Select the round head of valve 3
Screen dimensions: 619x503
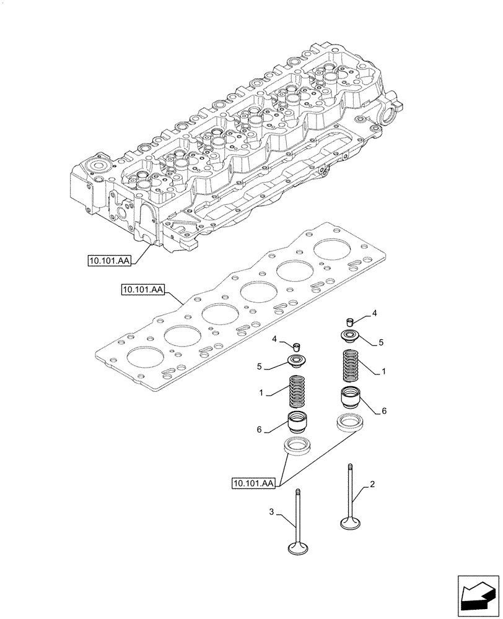pyautogui.click(x=300, y=548)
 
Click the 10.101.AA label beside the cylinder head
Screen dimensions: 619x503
pyautogui.click(x=110, y=260)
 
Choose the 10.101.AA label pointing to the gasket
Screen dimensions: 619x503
pyautogui.click(x=142, y=290)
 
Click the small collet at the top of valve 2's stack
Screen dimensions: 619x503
pyautogui.click(x=350, y=321)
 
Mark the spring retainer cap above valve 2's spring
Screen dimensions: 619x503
pyautogui.click(x=350, y=337)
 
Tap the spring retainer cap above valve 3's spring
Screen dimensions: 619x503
pyautogui.click(x=299, y=361)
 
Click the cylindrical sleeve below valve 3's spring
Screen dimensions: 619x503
pyautogui.click(x=299, y=423)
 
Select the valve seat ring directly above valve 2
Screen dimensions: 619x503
pyautogui.click(x=350, y=423)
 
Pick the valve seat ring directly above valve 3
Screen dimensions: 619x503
pyautogui.click(x=297, y=446)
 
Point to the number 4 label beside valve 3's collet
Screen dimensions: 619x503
pyautogui.click(x=273, y=339)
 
